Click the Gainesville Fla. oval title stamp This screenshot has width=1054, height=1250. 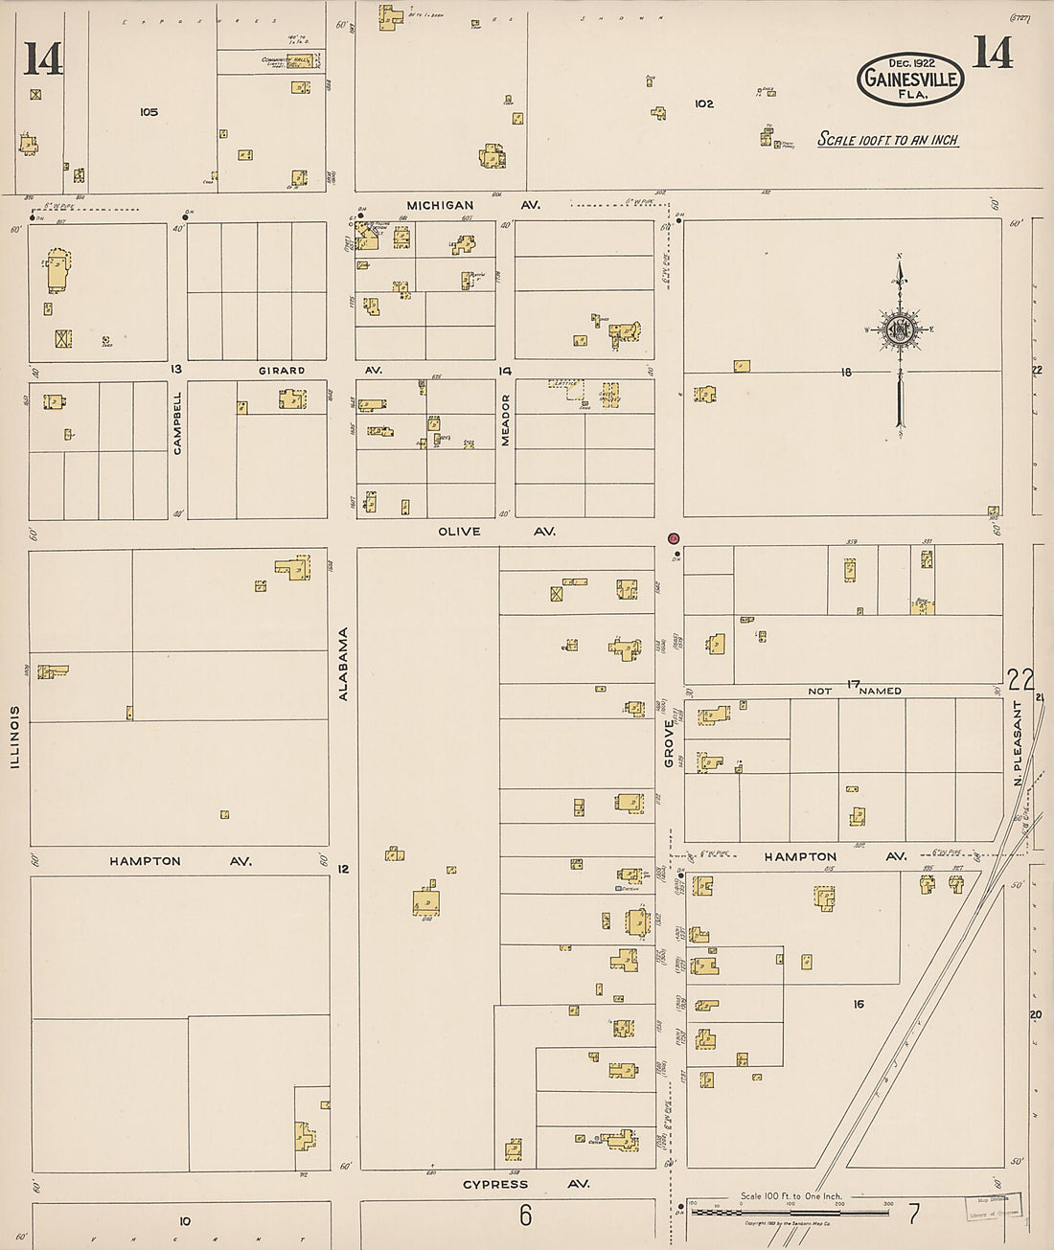point(909,79)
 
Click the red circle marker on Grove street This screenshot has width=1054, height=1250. point(674,539)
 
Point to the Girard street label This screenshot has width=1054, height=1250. point(282,370)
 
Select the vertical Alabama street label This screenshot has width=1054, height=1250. point(343,664)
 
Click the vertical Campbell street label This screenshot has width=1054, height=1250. point(177,421)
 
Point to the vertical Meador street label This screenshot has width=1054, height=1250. point(505,420)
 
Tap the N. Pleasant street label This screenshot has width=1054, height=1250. point(1018,743)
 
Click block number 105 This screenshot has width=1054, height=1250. point(149,112)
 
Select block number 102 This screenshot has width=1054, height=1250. point(704,103)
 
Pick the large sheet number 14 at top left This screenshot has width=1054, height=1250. point(43,59)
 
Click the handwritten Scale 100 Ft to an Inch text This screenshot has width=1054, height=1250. point(887,140)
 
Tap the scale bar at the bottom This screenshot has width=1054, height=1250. point(790,1212)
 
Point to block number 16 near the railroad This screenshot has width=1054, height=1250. point(859,1004)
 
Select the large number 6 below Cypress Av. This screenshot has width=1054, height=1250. point(525,1216)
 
